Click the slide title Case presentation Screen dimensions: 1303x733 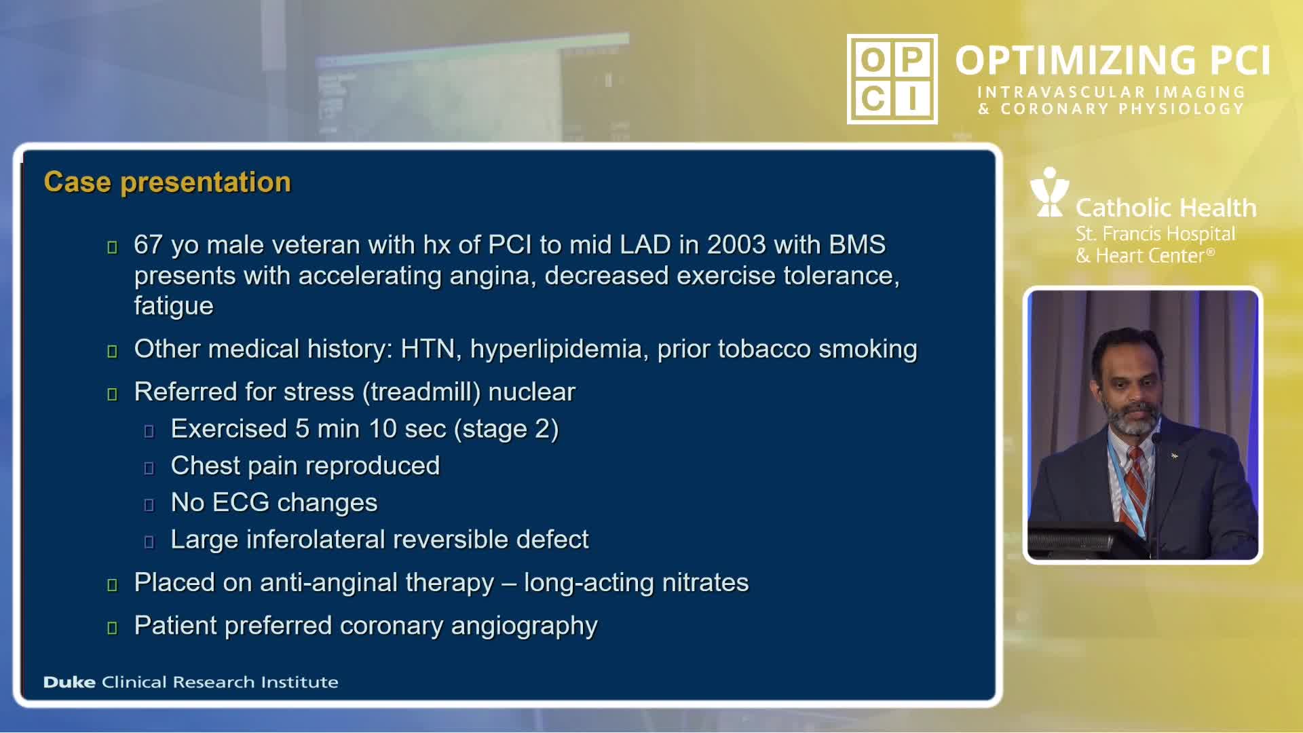[167, 183]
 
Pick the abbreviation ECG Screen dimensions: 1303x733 [241, 503]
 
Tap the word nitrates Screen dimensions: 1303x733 [705, 583]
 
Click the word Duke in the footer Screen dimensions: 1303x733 [69, 682]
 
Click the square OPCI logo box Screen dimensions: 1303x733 [892, 79]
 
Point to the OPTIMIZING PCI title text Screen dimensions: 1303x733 [1113, 60]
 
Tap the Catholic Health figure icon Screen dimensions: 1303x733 [1049, 192]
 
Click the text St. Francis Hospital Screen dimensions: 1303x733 [1155, 234]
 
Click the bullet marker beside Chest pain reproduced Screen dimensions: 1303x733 [149, 468]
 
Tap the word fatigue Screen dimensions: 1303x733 [174, 307]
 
